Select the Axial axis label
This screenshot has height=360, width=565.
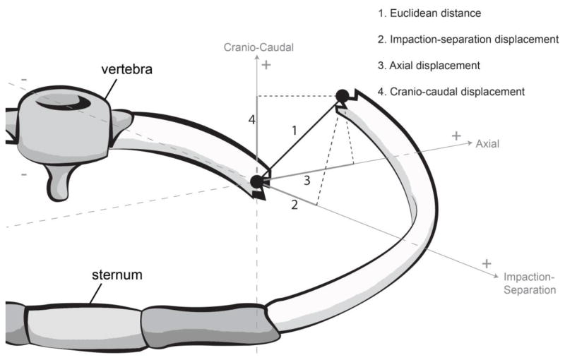tap(487, 143)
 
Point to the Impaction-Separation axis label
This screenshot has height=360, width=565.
tap(529, 282)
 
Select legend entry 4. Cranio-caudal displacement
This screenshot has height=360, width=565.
tap(451, 91)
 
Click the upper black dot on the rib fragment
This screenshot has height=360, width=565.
tap(342, 95)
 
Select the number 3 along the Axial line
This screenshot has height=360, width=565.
tap(307, 180)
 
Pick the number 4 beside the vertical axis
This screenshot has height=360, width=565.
tap(251, 120)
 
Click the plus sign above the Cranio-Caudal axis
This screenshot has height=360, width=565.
tap(266, 65)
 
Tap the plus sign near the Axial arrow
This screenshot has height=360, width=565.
tap(457, 135)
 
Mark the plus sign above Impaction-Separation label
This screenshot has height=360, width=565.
tap(487, 263)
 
